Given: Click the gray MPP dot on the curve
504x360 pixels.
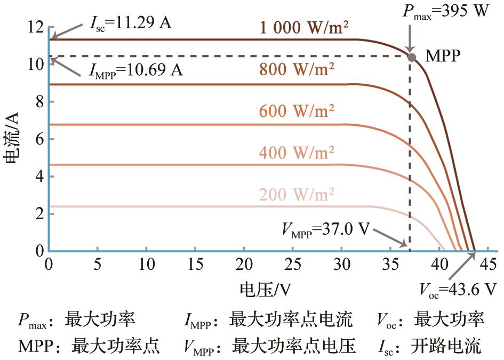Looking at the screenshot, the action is [x=412, y=57].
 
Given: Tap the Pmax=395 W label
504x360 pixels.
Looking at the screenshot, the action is [x=446, y=12].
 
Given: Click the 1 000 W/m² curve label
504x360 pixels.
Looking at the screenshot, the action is [x=304, y=28].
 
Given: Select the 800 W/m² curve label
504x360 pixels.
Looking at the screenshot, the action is [x=297, y=69].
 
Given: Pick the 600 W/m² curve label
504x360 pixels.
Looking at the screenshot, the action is [x=297, y=111].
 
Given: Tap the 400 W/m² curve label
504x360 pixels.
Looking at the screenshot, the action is [x=297, y=153].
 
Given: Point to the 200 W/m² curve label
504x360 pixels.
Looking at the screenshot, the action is [x=297, y=195].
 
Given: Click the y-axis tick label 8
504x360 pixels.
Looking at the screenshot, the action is [x=40, y=102].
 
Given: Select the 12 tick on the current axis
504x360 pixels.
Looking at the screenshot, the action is [x=36, y=27].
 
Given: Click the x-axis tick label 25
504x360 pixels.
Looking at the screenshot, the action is [x=293, y=264].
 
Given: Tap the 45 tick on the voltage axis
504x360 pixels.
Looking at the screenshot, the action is [x=488, y=264].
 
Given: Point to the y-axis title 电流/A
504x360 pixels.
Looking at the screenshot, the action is [x=12, y=138].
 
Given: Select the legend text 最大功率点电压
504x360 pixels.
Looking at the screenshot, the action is [x=294, y=346].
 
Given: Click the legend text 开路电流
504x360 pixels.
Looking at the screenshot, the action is [x=446, y=346].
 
